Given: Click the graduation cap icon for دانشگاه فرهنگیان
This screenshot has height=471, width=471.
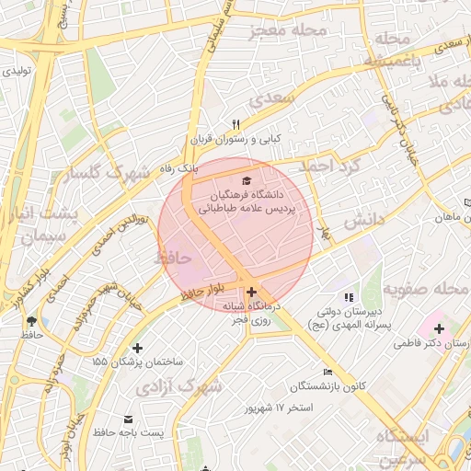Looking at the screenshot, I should (x=246, y=179).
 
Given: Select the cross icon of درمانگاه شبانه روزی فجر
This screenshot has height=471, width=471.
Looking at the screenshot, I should (x=251, y=292).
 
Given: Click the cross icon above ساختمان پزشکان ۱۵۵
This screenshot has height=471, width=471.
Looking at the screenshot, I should (x=138, y=348).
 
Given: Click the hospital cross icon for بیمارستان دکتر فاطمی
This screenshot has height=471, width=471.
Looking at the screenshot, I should (x=439, y=328).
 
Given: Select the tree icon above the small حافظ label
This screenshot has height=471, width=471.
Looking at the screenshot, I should (x=32, y=321).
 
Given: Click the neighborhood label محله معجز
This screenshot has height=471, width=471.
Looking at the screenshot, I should (x=288, y=31).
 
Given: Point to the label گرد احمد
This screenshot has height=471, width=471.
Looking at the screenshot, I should (x=338, y=166).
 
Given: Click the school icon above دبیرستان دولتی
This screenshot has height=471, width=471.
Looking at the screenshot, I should (x=348, y=296).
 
